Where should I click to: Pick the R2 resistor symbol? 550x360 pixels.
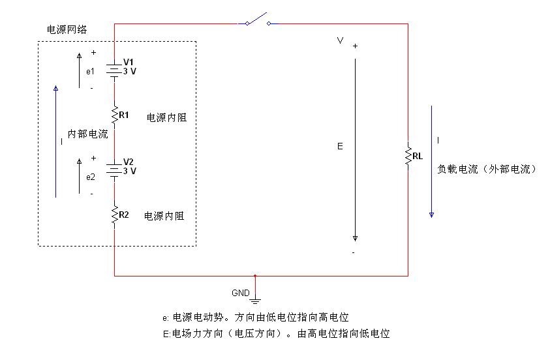pos(114,215)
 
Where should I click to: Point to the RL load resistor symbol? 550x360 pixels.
pos(408,156)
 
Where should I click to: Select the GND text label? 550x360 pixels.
pos(240,293)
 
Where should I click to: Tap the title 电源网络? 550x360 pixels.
pos(67,30)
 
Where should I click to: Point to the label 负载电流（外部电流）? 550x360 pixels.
pos(486,168)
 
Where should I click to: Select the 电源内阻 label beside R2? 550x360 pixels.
pos(163,216)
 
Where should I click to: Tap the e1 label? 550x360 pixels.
pos(90,70)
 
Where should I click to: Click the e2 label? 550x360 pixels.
pos(90,177)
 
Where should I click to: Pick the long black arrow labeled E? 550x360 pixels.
pos(356,150)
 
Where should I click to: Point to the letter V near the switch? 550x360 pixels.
pos(340,40)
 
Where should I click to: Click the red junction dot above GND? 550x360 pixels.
pos(255,275)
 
